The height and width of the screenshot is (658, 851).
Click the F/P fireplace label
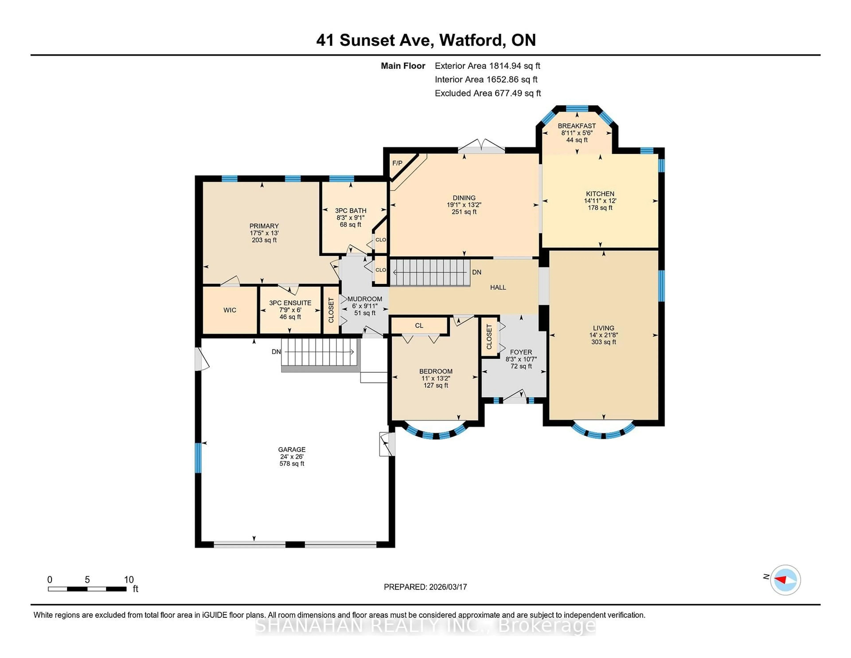(397, 163)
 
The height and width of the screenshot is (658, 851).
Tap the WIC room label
(230, 310)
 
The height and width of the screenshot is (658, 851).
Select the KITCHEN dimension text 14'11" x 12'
(600, 201)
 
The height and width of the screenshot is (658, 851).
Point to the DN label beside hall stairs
(476, 272)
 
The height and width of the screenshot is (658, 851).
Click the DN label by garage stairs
(276, 352)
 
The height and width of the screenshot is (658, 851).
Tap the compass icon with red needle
(785, 580)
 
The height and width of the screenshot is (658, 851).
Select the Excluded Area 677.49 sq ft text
(488, 93)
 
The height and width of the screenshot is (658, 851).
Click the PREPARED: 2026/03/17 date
(425, 587)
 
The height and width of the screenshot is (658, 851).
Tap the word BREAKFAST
(577, 126)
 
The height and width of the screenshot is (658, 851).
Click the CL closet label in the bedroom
(419, 325)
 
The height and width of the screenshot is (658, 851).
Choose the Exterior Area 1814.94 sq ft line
(487, 66)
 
